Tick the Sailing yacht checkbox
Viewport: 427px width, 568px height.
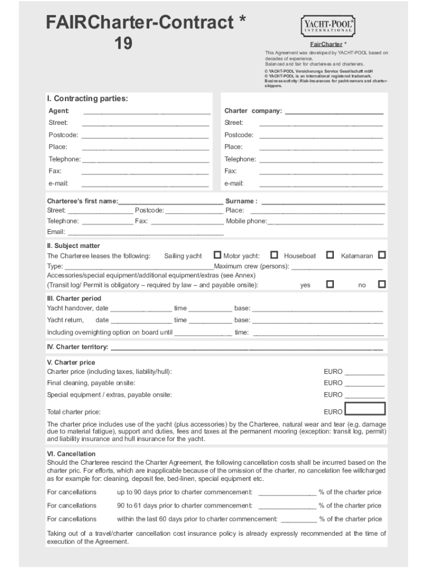coord(217,255)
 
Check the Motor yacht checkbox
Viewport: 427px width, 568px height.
coord(274,255)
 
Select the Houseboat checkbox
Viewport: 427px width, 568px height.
coord(330,255)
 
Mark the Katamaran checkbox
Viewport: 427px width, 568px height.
coord(382,255)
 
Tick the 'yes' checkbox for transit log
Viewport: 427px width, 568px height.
coord(330,284)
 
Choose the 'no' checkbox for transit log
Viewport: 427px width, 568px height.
coord(382,284)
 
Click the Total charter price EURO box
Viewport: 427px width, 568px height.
coord(364,409)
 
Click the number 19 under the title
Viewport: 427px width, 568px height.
coord(123,43)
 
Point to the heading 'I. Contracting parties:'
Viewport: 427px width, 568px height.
coord(87,99)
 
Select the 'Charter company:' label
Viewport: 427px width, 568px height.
coord(253,111)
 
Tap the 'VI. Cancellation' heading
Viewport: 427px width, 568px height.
coord(71,454)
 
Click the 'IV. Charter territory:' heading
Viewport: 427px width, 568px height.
coord(78,347)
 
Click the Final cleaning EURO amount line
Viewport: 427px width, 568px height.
coord(364,384)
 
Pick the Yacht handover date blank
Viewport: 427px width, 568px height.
coord(141,309)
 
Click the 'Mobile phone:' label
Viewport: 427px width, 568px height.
coord(246,221)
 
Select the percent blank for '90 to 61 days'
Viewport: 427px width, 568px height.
coord(287,506)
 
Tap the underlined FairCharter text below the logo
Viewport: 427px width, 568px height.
coord(326,44)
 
